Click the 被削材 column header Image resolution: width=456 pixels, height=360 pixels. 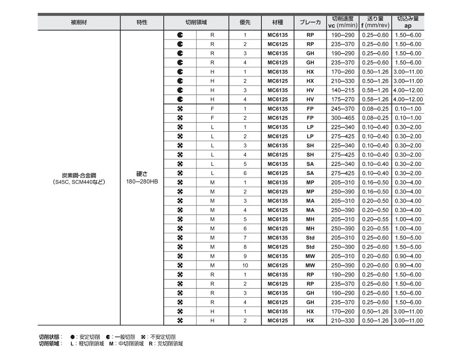79,23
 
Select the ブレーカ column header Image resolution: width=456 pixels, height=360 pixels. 310,23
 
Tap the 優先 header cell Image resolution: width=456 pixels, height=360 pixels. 245,23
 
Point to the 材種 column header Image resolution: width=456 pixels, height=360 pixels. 278,23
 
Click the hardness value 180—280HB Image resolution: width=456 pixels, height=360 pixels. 142,182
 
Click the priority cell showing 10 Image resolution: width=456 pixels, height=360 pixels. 245,265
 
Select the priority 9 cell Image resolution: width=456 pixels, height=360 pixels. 245,256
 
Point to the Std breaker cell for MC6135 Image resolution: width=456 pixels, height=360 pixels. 310,237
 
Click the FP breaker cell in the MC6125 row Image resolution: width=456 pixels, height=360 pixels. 310,118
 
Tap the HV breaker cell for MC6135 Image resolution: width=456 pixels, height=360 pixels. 310,90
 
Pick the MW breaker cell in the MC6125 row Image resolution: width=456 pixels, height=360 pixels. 310,265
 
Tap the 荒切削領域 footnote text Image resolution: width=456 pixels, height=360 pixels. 170,344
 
